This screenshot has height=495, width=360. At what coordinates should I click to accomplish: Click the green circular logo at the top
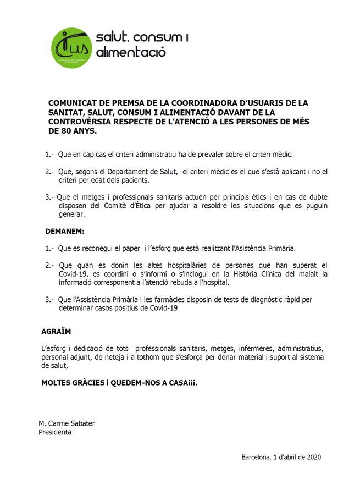coord(71,47)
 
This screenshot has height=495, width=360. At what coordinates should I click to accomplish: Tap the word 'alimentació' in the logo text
coord(131,53)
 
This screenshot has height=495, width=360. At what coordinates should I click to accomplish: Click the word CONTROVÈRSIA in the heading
coord(81,122)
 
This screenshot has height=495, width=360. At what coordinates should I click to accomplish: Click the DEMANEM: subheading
coord(65,232)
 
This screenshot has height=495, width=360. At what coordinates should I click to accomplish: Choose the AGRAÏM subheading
coord(56,332)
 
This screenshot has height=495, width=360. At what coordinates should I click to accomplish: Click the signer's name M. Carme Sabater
coord(67,424)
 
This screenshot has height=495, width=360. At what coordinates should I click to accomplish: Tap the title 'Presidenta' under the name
coord(54,432)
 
